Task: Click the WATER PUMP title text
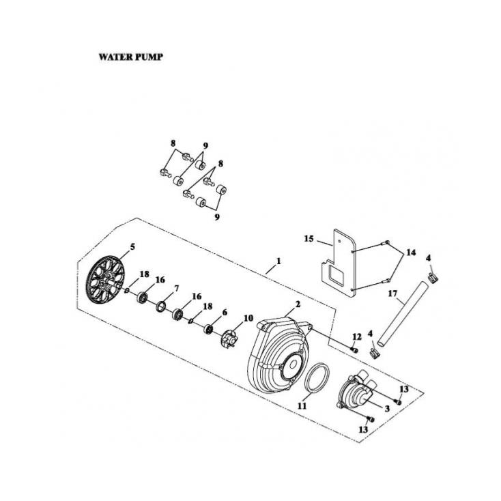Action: [130, 57]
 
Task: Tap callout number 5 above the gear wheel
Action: [132, 246]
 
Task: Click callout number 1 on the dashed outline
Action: [278, 261]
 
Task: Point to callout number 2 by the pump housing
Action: [298, 304]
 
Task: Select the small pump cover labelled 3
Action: [358, 392]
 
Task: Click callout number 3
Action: [387, 408]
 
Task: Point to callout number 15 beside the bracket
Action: [309, 239]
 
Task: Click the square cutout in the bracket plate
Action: [337, 276]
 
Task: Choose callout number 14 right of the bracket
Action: [411, 253]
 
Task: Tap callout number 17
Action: [392, 294]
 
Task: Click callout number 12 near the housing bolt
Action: [356, 337]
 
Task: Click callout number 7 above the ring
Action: [176, 289]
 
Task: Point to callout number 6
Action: [224, 312]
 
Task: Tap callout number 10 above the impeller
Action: [248, 318]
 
